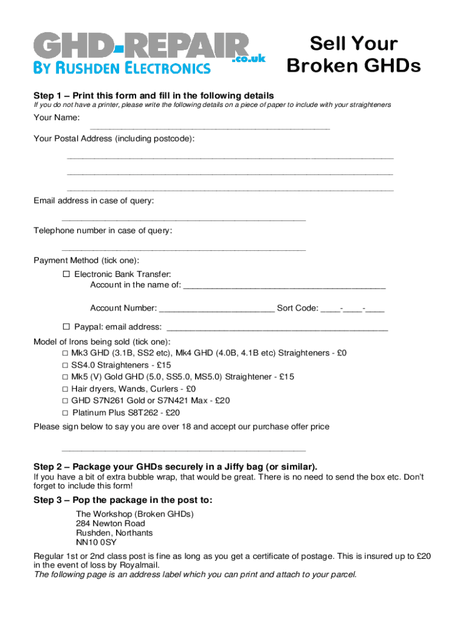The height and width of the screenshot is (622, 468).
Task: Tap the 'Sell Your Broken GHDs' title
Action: (353, 55)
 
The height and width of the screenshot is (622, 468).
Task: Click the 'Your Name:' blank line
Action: (210, 128)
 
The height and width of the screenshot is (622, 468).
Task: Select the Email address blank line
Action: (184, 220)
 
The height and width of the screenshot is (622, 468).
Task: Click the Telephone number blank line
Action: (184, 250)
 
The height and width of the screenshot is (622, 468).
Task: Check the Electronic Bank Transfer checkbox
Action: (67, 275)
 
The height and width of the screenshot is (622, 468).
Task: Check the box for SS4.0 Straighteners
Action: (64, 365)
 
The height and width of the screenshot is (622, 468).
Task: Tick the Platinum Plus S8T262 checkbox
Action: (64, 413)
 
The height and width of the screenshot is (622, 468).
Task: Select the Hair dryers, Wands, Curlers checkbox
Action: (64, 389)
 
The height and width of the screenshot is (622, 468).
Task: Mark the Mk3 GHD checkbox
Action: (64, 353)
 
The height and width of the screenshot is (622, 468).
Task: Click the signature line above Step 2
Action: (184, 451)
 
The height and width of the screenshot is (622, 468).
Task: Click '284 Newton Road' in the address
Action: (111, 523)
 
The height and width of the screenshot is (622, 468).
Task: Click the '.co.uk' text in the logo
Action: (249, 58)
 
